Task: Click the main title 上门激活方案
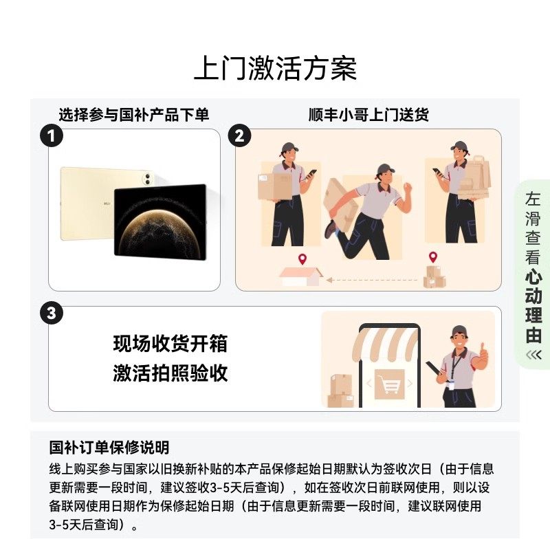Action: tap(275, 69)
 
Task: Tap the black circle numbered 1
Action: tap(52, 135)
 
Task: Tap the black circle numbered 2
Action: tap(239, 135)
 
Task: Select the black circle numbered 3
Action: tap(52, 313)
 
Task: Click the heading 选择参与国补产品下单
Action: tap(133, 115)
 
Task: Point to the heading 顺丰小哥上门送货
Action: tap(368, 115)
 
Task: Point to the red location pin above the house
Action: tap(302, 260)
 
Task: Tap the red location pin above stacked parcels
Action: tap(433, 258)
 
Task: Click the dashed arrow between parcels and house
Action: tap(371, 280)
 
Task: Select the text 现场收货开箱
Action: tap(170, 343)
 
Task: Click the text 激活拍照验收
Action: tap(170, 373)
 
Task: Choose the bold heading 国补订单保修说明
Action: tap(109, 448)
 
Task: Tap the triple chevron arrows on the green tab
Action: tap(533, 354)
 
